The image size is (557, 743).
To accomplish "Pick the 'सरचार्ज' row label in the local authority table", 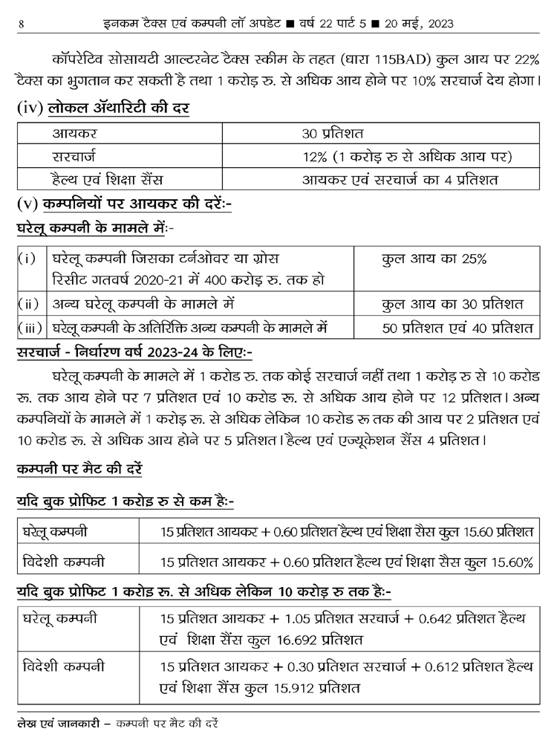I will (x=71, y=158).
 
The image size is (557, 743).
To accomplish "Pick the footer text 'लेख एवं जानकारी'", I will (x=53, y=722).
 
